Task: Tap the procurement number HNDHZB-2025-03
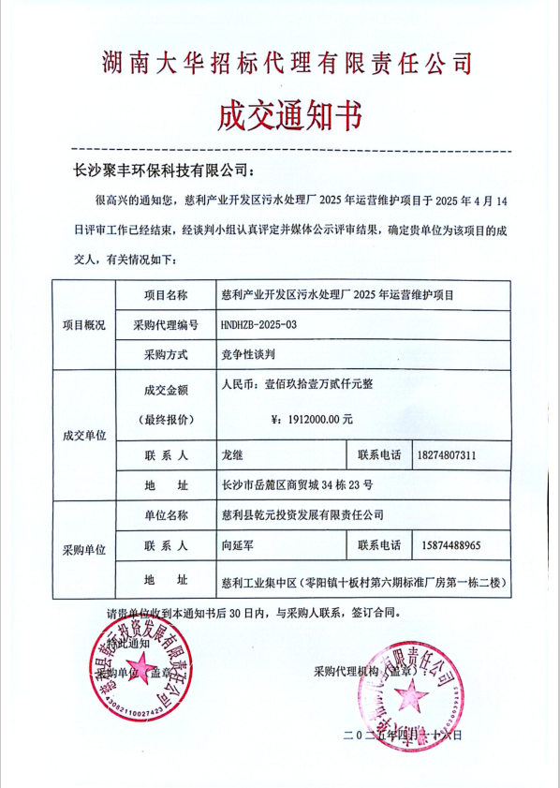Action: pyautogui.click(x=258, y=324)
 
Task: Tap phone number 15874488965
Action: pyautogui.click(x=445, y=544)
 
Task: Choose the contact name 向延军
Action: pyautogui.click(x=240, y=544)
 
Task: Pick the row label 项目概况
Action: pyautogui.click(x=84, y=324)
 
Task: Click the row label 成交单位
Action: pyautogui.click(x=84, y=435)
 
